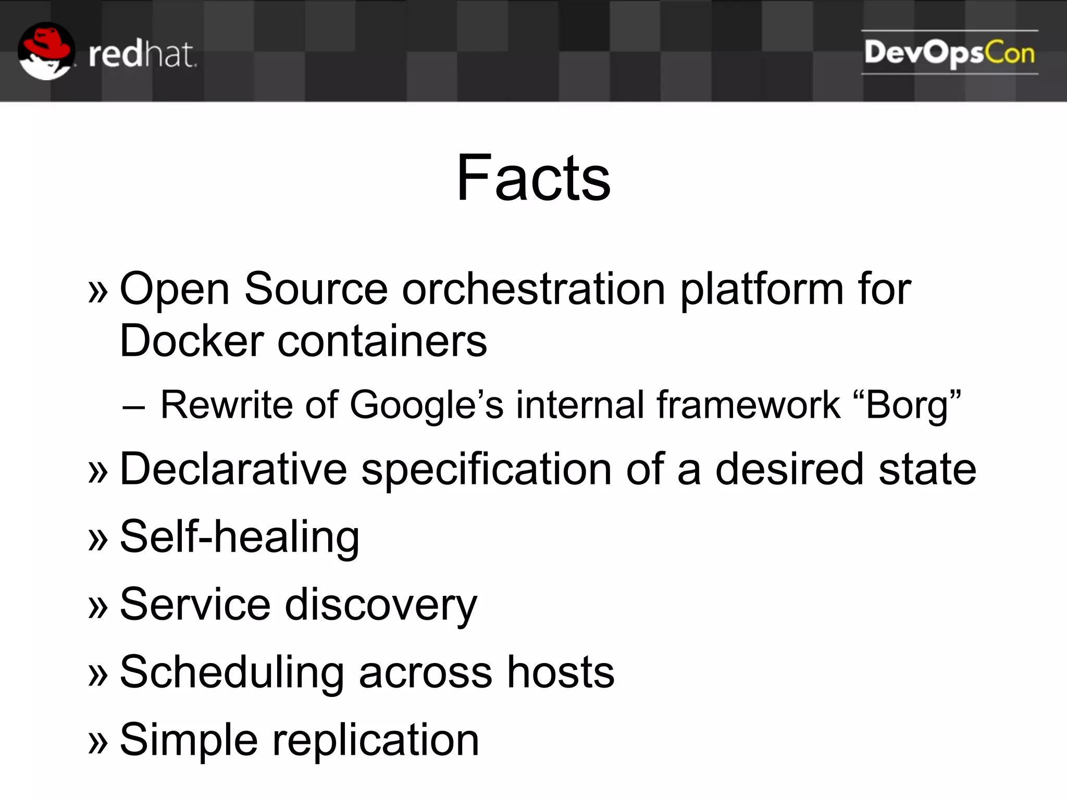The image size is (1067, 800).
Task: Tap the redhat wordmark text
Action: (142, 55)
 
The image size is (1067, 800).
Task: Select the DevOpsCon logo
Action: (949, 53)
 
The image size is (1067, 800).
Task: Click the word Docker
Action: (192, 341)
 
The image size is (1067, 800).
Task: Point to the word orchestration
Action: (533, 289)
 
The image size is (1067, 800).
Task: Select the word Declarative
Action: (233, 469)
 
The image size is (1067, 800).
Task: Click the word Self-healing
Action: (240, 537)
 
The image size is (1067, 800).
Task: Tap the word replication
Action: (376, 741)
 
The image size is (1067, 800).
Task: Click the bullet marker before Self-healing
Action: (98, 539)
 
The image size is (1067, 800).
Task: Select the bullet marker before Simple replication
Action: (98, 742)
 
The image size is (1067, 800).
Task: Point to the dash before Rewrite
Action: (133, 406)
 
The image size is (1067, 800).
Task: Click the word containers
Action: (382, 341)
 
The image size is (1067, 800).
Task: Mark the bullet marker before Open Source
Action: (98, 291)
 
